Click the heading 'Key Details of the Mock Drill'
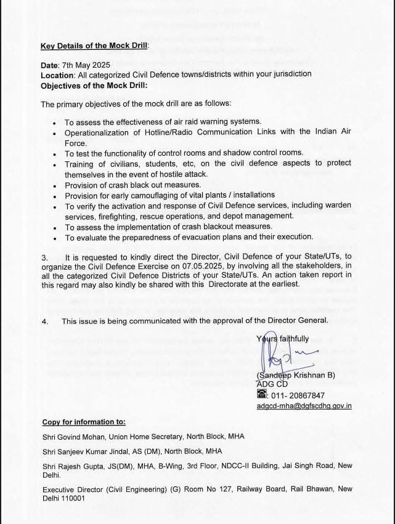point(94,46)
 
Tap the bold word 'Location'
point(56,74)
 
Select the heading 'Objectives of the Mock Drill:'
point(93,86)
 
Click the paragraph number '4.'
point(44,321)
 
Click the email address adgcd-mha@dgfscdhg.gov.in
point(304,406)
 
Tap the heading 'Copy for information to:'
point(84,422)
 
